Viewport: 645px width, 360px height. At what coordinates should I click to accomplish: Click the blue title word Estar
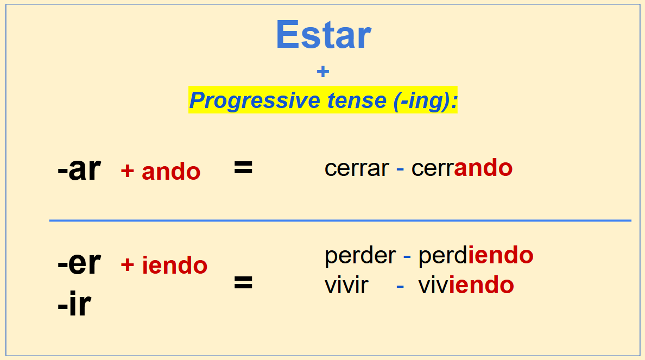(324, 35)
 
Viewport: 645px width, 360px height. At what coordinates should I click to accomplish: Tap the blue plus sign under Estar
(323, 72)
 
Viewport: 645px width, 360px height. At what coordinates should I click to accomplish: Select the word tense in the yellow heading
(357, 100)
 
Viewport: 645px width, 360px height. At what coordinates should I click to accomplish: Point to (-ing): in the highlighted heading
(425, 101)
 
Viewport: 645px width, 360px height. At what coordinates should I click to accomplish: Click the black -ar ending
(79, 169)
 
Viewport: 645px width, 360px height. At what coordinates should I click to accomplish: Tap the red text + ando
(160, 171)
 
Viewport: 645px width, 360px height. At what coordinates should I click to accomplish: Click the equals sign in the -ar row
(243, 167)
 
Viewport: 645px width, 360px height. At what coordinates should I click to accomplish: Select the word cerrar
(357, 168)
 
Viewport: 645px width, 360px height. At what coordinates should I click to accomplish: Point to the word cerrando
(462, 168)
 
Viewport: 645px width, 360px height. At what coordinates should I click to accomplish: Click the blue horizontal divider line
(340, 220)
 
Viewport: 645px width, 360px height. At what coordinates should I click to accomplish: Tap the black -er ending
(79, 263)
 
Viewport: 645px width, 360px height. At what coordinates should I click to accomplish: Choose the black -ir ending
(74, 304)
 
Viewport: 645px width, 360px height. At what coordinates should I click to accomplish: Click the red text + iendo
(164, 265)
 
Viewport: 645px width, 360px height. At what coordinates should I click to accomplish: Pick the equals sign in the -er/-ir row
(243, 283)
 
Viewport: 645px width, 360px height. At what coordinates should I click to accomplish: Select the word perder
(361, 256)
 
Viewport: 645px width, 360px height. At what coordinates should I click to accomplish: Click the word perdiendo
(476, 256)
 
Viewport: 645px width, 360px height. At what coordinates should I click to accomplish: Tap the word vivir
(346, 286)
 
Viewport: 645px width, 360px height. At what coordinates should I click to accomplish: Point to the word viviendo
(466, 285)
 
